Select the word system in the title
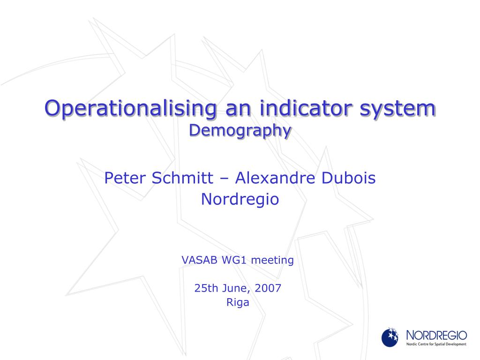(x=397, y=110)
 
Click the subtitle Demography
(x=240, y=131)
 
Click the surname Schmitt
(x=182, y=178)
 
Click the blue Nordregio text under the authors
(x=240, y=199)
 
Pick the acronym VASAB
(x=200, y=260)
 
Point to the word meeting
(x=272, y=261)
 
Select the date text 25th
(x=207, y=288)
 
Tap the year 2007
(x=268, y=288)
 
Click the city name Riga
(x=238, y=303)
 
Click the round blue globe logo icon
(x=390, y=337)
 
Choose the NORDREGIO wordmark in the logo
(x=436, y=336)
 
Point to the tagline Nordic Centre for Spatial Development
(x=436, y=345)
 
